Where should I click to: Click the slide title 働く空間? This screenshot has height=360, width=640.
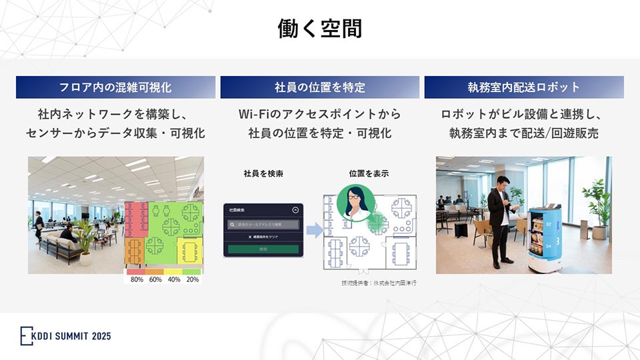click(320, 29)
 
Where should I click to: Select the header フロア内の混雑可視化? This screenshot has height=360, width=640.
click(115, 87)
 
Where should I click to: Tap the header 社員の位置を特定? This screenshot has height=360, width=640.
click(320, 87)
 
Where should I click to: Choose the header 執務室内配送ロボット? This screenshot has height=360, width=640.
click(524, 87)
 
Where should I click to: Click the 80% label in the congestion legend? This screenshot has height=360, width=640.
click(137, 279)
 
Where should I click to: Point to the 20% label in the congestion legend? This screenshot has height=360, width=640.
click(192, 279)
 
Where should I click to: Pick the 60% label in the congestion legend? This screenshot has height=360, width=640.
click(155, 279)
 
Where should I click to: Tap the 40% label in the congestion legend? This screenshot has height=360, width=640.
click(173, 279)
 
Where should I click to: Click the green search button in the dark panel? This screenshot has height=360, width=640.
click(263, 249)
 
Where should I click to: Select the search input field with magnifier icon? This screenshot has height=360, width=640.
click(263, 225)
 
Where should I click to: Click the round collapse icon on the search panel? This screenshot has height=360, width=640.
click(295, 209)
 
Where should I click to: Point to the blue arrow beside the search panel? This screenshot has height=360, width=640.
click(313, 231)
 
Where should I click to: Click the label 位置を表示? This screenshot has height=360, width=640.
click(369, 174)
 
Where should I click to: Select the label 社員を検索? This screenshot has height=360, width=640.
click(263, 174)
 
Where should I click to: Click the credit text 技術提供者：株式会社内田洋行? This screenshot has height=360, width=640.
click(379, 283)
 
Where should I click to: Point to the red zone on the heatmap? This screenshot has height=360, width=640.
click(135, 219)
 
